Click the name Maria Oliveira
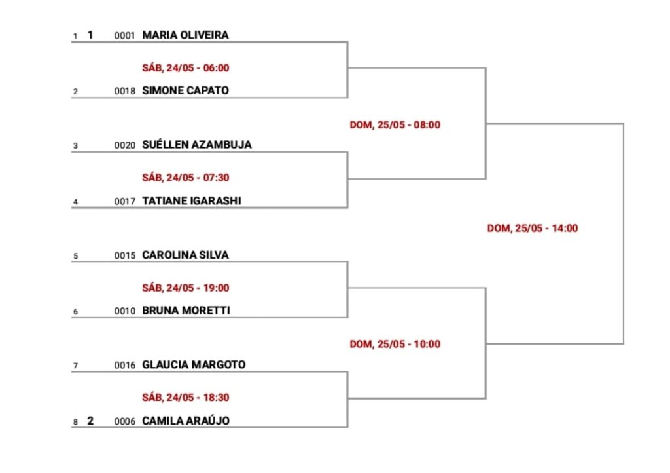click(x=185, y=35)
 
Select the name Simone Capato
click(x=185, y=90)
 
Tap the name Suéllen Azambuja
click(x=197, y=145)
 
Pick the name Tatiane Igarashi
click(x=192, y=200)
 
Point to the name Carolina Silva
click(x=185, y=255)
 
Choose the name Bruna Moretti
click(x=186, y=311)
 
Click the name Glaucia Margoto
click(x=194, y=364)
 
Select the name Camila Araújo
click(x=186, y=421)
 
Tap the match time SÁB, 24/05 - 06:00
click(x=186, y=68)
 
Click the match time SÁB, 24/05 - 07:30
click(x=186, y=178)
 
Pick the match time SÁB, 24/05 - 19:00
click(x=186, y=288)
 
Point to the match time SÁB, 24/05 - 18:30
click(x=186, y=397)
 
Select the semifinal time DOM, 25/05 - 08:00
click(x=395, y=125)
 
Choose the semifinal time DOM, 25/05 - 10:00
click(x=395, y=345)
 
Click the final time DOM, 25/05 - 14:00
click(x=533, y=229)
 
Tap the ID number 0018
click(x=125, y=91)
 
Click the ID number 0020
click(x=125, y=145)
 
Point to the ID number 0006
click(x=125, y=421)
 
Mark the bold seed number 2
click(x=90, y=421)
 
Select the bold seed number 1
click(x=90, y=35)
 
